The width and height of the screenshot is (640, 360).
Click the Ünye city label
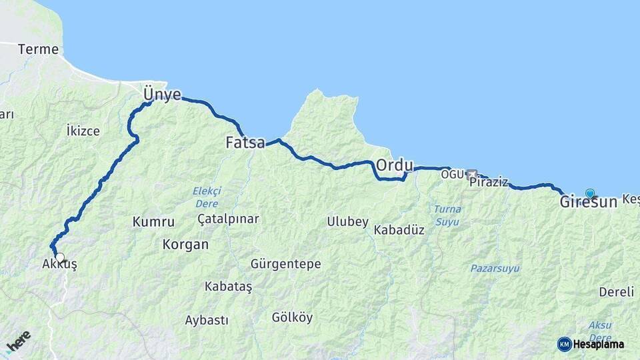tap(162, 95)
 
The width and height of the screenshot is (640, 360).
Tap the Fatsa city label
tap(245, 143)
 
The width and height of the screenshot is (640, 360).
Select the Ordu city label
tap(395, 165)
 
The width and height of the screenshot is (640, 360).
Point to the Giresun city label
tap(589, 201)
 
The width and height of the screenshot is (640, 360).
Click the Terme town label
tap(38, 49)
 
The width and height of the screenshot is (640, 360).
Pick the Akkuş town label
tap(59, 265)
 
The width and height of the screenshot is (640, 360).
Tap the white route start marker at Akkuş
tap(60, 257)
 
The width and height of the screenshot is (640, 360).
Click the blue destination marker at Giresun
tap(589, 193)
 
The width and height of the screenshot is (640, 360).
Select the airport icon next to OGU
tap(472, 173)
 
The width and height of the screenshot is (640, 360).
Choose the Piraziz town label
tap(488, 181)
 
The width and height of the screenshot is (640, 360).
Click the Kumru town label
tap(153, 222)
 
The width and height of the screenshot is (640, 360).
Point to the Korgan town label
tap(185, 245)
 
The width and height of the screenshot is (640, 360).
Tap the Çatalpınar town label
tap(228, 219)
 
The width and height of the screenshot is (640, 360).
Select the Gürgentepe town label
tap(285, 265)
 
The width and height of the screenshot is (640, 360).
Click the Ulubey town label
tap(347, 223)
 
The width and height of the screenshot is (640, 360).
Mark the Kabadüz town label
tap(399, 230)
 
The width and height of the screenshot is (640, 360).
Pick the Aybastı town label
tap(206, 321)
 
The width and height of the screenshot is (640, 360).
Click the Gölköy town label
tap(292, 317)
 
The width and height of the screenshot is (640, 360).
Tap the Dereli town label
tap(611, 292)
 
